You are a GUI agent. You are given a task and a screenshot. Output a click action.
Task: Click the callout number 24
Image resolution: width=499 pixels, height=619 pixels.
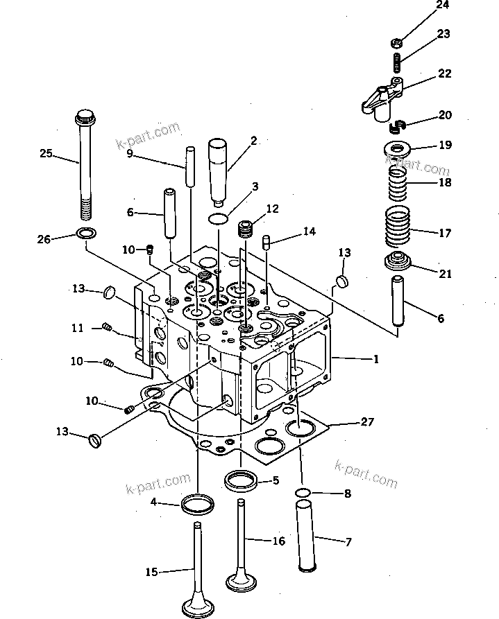(x=442, y=6)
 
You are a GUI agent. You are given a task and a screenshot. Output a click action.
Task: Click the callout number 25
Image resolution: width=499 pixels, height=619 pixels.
(x=46, y=153)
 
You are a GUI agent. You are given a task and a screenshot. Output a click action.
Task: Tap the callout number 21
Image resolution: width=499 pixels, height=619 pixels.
(x=445, y=274)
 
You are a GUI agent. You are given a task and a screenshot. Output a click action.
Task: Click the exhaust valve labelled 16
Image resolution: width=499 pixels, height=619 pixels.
(x=242, y=548)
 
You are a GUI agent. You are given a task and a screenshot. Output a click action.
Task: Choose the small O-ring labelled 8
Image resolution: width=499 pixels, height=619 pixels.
(x=303, y=494)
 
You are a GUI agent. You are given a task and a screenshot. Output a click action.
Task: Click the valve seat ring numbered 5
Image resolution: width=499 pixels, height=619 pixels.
(x=241, y=479)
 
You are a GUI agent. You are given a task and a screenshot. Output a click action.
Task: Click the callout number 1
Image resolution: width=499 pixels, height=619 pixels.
(x=375, y=359)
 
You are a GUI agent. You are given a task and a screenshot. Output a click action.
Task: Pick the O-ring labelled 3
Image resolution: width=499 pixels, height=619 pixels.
(x=218, y=219)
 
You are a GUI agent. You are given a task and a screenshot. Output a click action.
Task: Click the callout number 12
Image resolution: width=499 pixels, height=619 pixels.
(x=271, y=208)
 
